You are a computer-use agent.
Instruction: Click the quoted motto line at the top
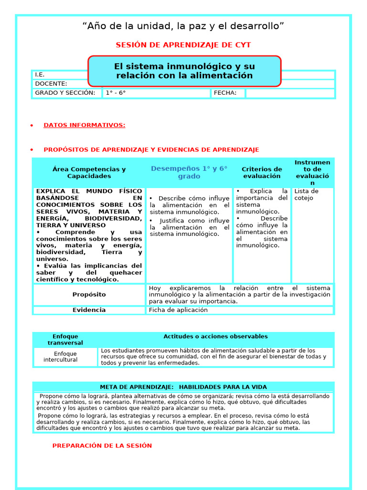pos(183,26)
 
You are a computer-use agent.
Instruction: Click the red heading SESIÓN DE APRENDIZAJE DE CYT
pos(183,45)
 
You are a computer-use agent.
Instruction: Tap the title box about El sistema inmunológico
pos(184,71)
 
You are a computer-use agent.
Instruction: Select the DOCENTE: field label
pos(51,84)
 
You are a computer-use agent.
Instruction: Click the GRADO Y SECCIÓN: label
pos(65,93)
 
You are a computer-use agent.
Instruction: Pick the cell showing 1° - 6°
pos(116,93)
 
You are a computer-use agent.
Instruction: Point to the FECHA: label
pos(225,93)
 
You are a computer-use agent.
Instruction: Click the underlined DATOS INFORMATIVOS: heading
pos(85,125)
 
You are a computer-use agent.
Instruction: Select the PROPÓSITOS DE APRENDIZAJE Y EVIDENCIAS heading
pos(151,150)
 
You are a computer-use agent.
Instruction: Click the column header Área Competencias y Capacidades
pos(89,173)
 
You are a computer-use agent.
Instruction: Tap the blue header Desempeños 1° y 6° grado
pos(189,172)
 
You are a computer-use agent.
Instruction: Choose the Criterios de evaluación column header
pos(262,173)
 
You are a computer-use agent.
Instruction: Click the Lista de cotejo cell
pos(306,195)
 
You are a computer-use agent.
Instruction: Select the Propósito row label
pos(89,295)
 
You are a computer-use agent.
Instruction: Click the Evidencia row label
pos(89,310)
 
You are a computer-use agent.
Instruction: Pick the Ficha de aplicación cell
pos(178,310)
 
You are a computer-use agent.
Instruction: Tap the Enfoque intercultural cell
pos(65,357)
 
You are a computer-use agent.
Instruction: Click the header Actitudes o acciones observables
pos(216,337)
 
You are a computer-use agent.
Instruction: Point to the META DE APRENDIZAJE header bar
pos(183,387)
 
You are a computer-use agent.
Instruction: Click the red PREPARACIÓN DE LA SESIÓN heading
pos(102,445)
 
